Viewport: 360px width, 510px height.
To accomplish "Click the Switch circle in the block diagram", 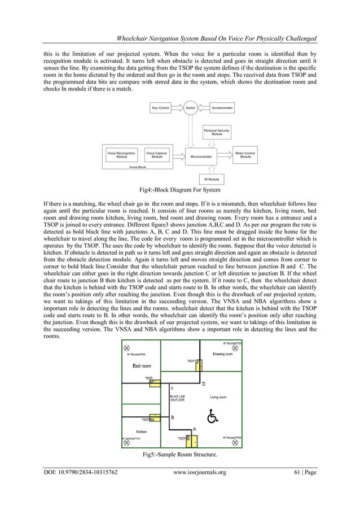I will (190, 107).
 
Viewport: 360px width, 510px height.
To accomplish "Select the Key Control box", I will (161, 107).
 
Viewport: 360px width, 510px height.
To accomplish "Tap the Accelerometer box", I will (222, 107).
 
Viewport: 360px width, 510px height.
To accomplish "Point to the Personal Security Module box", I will (217, 133).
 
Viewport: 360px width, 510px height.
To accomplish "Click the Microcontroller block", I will (201, 156).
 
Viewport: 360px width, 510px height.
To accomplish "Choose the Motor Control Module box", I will (245, 154).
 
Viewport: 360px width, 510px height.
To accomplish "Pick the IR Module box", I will (212, 179).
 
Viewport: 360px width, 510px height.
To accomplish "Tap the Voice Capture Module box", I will (156, 154).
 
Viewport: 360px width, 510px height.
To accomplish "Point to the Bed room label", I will (142, 366).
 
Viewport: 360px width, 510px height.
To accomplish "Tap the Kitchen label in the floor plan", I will (142, 431).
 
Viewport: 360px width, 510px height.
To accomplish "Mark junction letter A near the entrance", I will (195, 429).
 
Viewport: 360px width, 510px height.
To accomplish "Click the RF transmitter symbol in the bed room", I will (127, 348).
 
